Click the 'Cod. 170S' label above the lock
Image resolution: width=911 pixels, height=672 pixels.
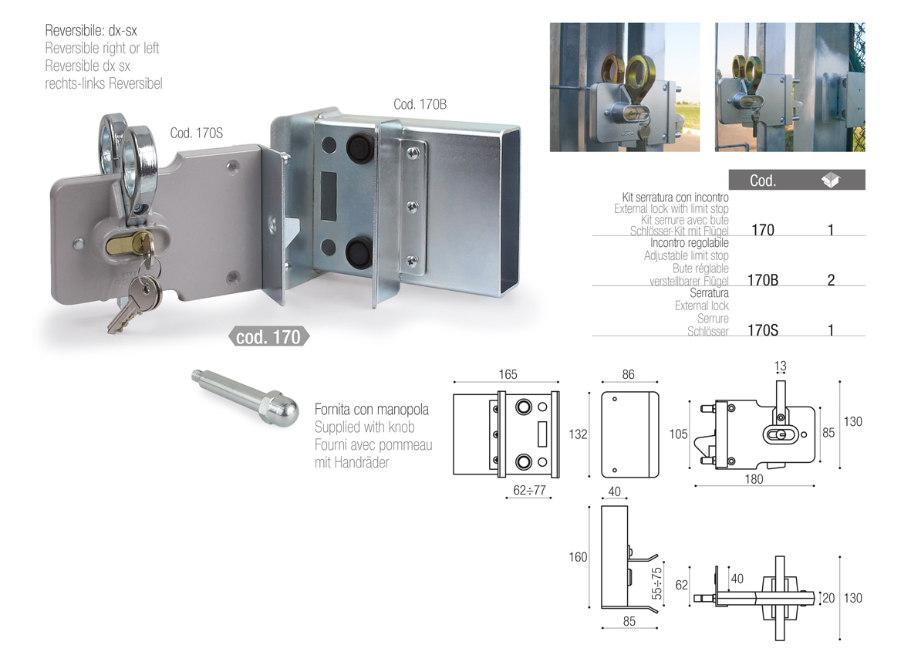coord(197,133)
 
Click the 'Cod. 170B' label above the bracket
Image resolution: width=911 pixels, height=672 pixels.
coord(420,105)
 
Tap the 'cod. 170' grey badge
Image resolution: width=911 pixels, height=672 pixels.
coord(268,336)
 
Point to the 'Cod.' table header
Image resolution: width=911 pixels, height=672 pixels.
coord(763,181)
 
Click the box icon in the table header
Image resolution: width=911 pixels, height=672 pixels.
coord(831,181)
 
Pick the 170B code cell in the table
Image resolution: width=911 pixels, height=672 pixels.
coord(763,280)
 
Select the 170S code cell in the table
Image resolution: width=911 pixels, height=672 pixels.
coord(763,330)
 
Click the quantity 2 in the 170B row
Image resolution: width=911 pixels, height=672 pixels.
coord(832,280)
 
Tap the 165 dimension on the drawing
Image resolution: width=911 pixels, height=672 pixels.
coord(508,374)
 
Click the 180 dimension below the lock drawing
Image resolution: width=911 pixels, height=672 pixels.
coord(754,479)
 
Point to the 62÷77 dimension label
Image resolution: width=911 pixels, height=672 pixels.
coord(529,490)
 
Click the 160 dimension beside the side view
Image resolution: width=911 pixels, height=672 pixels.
coord(578,557)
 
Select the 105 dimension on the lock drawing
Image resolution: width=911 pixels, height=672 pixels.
coord(678,434)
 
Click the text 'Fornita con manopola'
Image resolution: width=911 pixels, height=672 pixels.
coord(372,409)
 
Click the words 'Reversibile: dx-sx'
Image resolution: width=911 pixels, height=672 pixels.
coord(91,30)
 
